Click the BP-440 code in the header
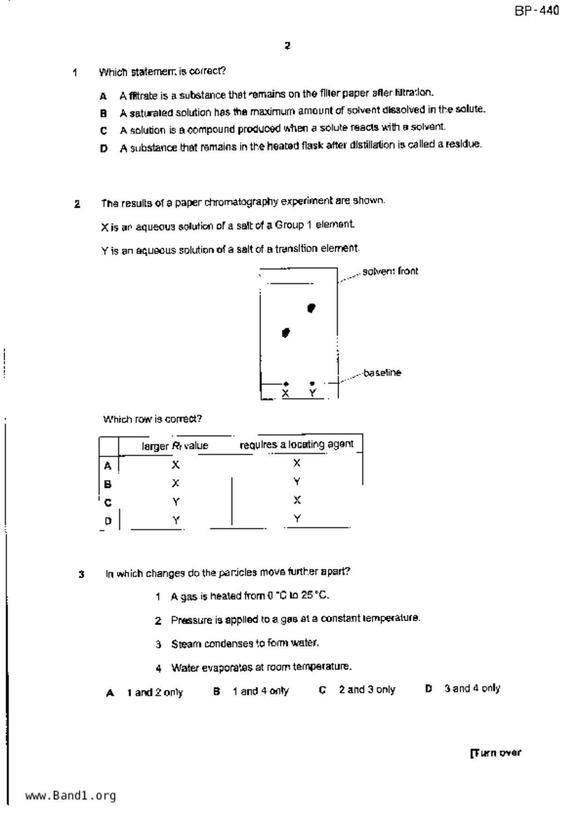click(x=536, y=11)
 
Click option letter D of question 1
click(x=104, y=149)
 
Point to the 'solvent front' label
click(x=390, y=271)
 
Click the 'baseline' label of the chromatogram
click(x=382, y=373)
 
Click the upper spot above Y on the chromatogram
click(x=311, y=308)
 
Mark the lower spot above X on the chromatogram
click(x=286, y=333)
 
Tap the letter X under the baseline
click(x=286, y=393)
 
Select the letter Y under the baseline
click(x=313, y=393)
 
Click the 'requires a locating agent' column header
click(x=296, y=444)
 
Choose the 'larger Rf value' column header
click(x=175, y=446)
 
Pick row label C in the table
click(x=108, y=503)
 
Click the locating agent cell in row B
click(x=297, y=482)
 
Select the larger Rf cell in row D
click(x=176, y=520)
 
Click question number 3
click(x=82, y=574)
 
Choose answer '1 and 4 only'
click(x=260, y=691)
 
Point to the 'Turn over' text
click(x=495, y=753)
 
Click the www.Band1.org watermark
click(x=70, y=795)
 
